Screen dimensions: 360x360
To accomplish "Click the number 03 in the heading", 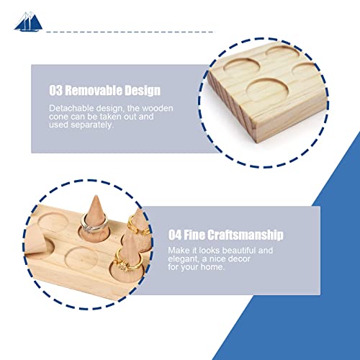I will coord(58,91).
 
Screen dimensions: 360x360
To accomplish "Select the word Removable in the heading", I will coord(96,91).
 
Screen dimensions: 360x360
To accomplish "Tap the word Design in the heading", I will coord(143,91).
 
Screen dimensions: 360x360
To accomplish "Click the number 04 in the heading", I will coord(176,235).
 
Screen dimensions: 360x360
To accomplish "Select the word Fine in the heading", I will coord(201,235).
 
